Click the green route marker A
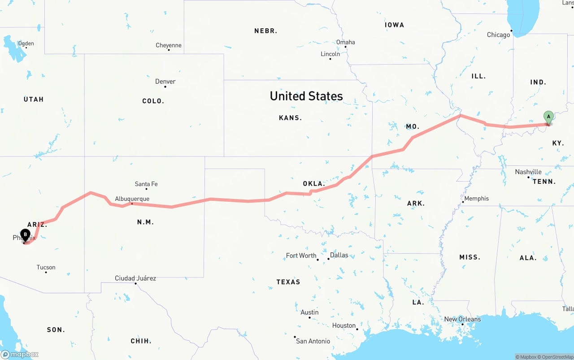coord(548,117)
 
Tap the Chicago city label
coord(498,35)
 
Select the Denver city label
coord(165,82)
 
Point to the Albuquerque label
coord(132,199)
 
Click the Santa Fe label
coord(146,184)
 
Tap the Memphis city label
coord(476,198)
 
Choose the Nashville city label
coord(528,172)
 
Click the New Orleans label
coord(462,319)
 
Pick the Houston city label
coord(344,325)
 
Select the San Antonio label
coord(313,341)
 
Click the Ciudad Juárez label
coord(135,278)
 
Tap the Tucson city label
coord(46,268)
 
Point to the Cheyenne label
coord(169,45)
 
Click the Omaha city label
coord(345,42)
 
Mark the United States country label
coord(306,96)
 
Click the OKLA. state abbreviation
coord(313,184)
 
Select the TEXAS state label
coord(288,282)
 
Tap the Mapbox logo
coord(19,354)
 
